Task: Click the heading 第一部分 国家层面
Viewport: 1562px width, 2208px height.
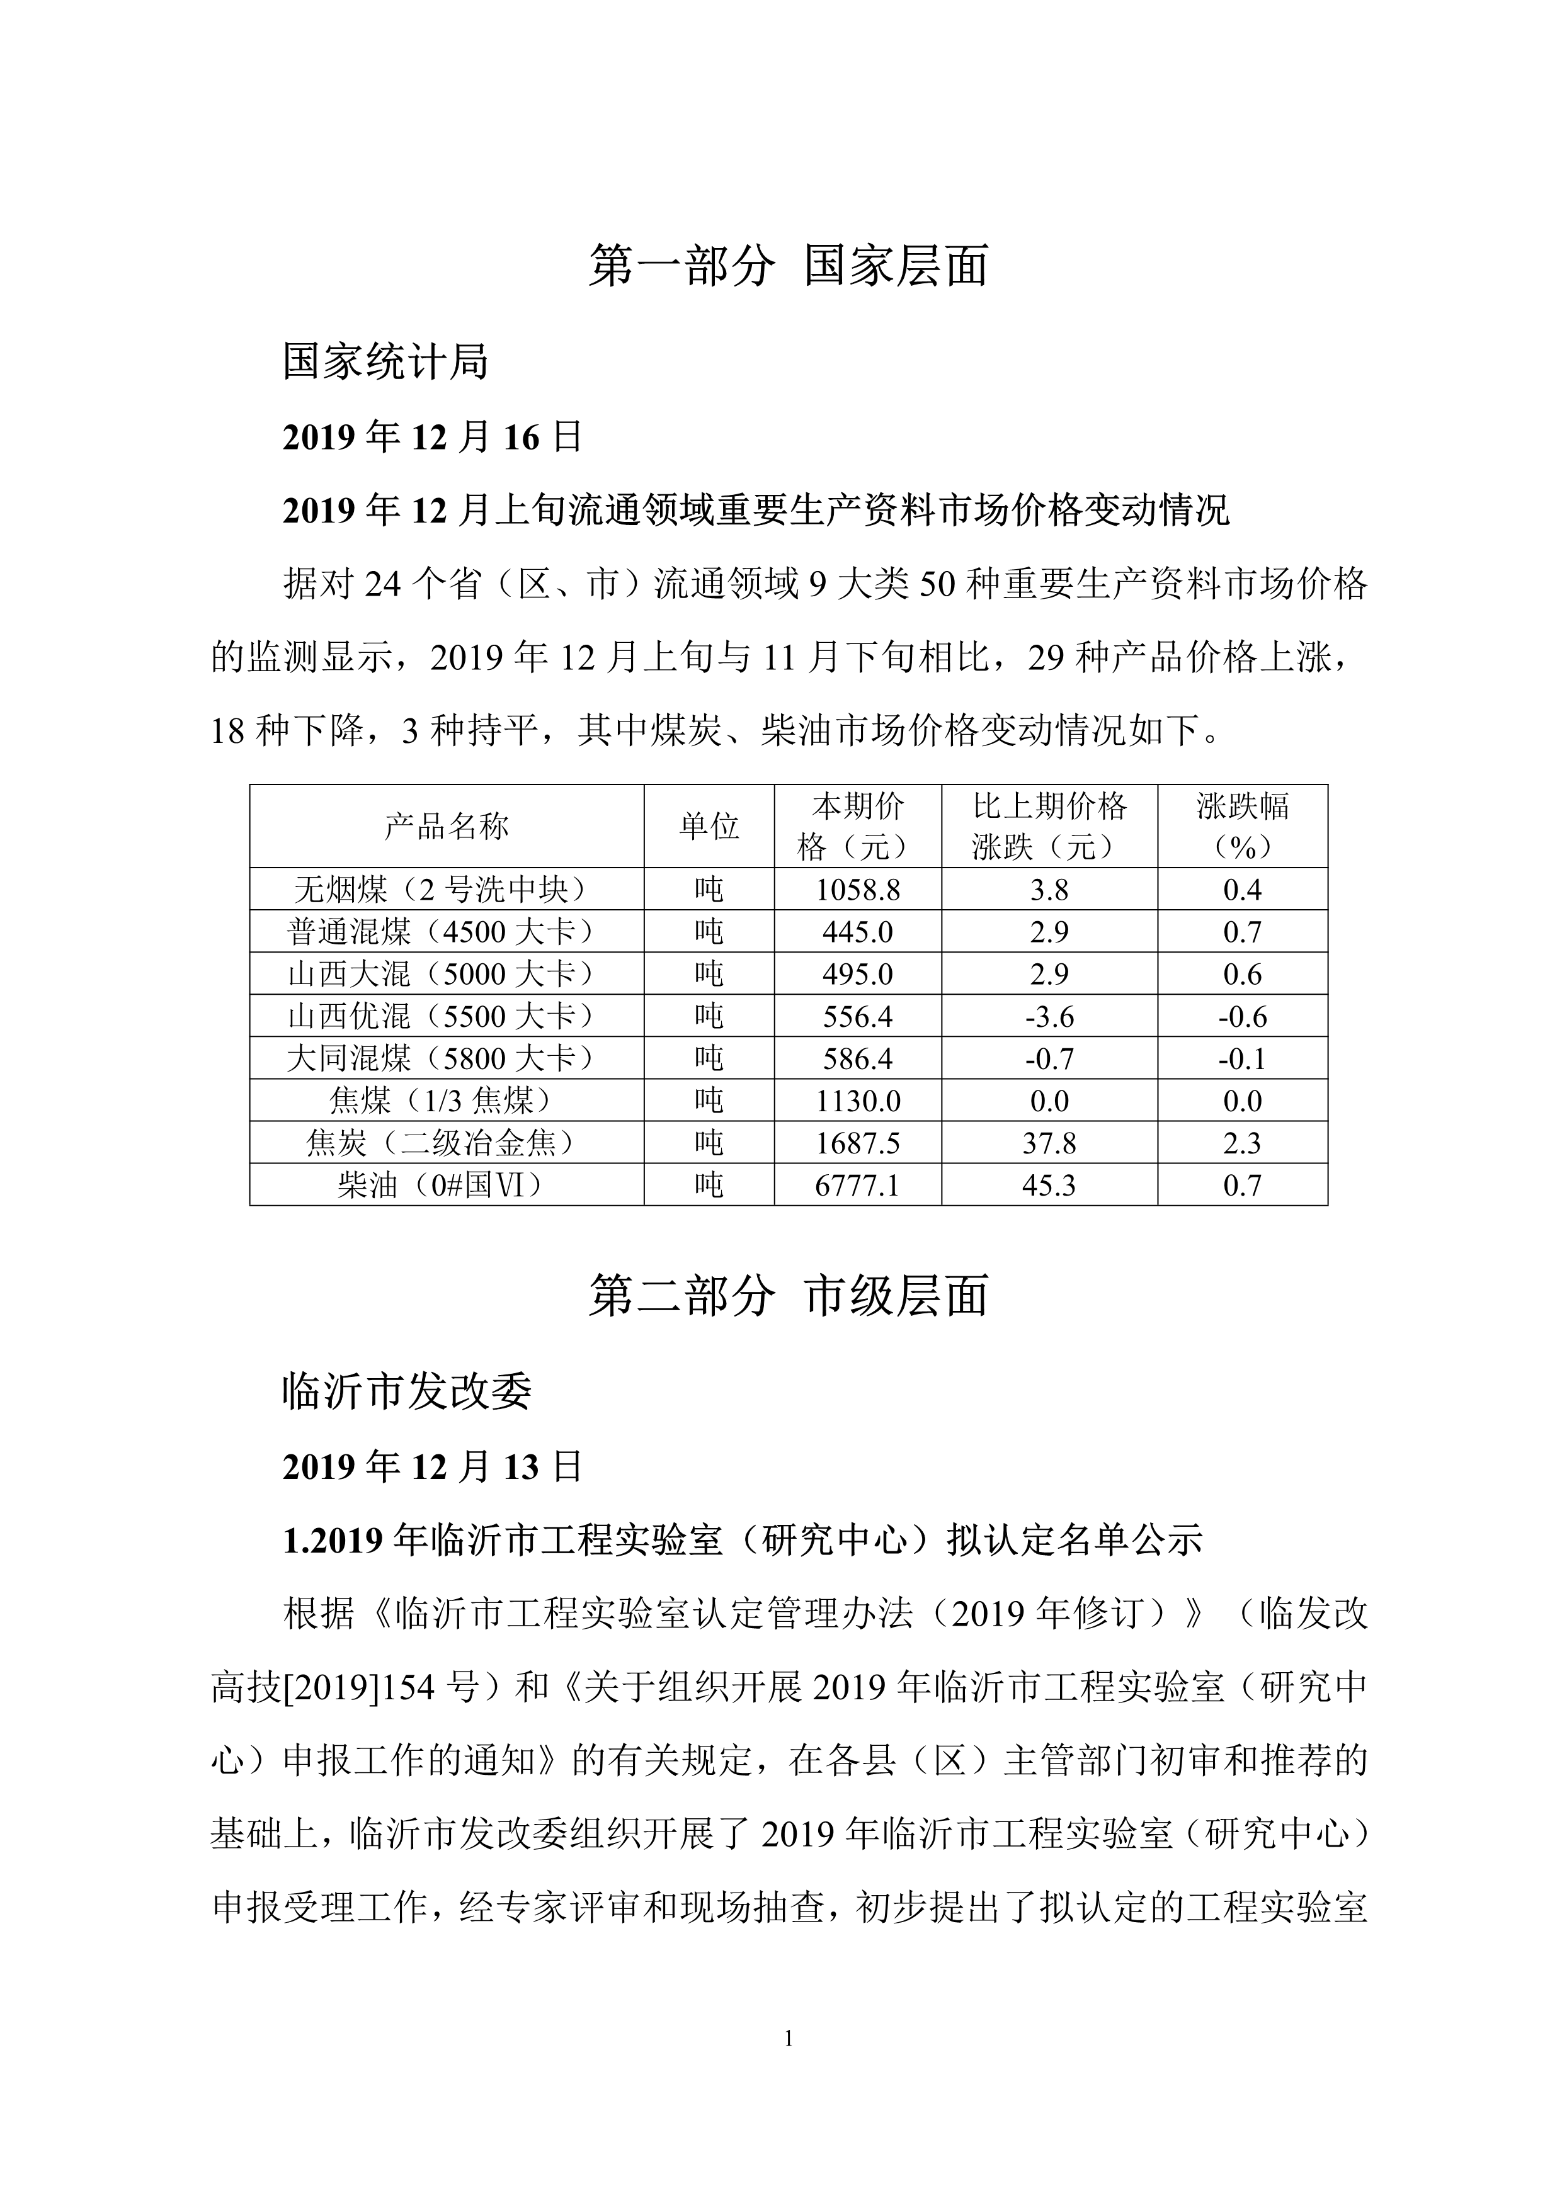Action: coord(788,266)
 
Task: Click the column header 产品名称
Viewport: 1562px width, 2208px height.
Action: coord(447,826)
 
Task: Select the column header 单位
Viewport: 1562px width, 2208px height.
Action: coord(709,826)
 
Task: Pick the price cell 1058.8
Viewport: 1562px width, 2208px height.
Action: coord(857,890)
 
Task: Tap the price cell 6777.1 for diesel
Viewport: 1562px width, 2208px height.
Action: coord(857,1185)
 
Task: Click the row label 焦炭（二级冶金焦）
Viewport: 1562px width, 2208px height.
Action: coord(447,1143)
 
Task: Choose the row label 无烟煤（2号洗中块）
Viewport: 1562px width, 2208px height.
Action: coord(447,890)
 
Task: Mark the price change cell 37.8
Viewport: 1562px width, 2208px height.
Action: coord(1049,1143)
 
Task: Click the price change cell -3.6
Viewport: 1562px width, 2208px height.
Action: coord(1049,1017)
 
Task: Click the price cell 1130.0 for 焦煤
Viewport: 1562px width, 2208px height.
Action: coord(857,1101)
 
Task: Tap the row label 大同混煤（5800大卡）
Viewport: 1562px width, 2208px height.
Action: coord(447,1059)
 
